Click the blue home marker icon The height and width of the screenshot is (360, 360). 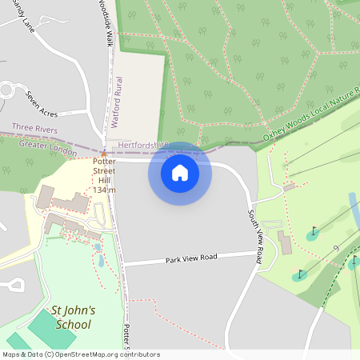[x=180, y=173]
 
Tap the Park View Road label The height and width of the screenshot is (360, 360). [x=191, y=258]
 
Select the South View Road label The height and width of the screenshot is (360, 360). [x=255, y=237]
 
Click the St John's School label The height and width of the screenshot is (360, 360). [x=73, y=317]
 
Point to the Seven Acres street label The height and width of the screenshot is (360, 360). [x=43, y=102]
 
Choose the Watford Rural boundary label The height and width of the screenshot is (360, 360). [x=119, y=101]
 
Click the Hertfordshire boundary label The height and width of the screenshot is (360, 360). [x=143, y=145]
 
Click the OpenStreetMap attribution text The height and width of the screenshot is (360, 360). [x=81, y=354]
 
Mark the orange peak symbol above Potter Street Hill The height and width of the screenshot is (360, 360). [x=103, y=152]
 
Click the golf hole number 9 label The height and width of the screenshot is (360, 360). [x=335, y=248]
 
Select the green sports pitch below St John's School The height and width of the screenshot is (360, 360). [x=53, y=328]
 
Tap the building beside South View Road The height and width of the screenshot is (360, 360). [x=284, y=242]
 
